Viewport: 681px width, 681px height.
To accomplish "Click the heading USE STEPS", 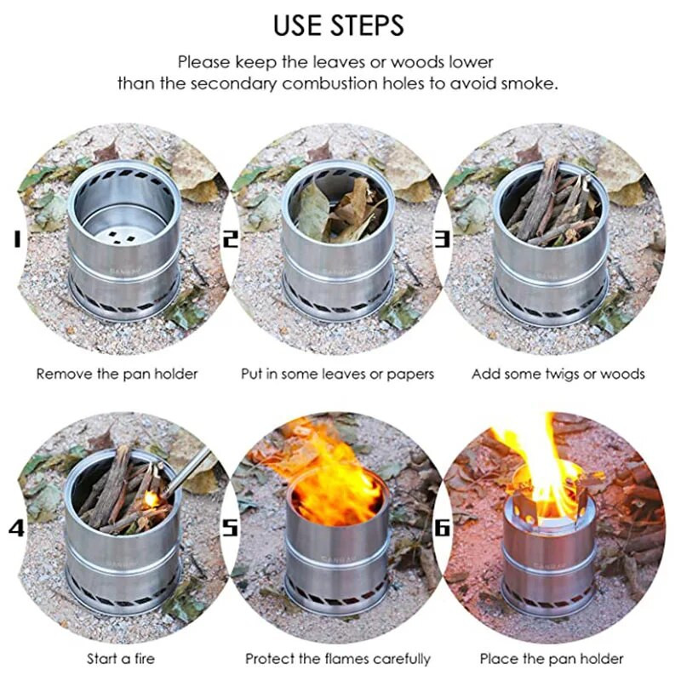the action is coord(338,26).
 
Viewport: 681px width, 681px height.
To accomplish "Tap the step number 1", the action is coord(16,239).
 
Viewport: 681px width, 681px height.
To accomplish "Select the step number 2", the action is coord(231,239).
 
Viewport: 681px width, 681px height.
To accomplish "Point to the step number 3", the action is coord(443,239).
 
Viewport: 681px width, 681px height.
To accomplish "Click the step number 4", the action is coord(16,528).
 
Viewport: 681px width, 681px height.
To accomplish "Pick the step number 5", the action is coord(230,528).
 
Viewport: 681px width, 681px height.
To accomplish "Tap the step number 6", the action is coord(442,528).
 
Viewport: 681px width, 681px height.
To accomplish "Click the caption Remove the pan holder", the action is coord(117,374).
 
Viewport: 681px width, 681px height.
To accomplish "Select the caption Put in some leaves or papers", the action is coord(337,374).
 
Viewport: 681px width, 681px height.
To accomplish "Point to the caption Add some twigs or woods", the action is coord(558,374).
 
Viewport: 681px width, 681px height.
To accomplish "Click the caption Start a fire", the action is coord(121,658).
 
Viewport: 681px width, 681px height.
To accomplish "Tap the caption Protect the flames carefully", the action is coord(337,659).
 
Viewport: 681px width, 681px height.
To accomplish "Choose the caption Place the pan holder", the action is coord(552,658).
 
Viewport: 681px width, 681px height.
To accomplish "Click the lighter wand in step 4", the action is coord(187,472).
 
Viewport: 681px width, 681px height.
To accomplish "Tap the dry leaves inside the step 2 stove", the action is coord(339,209).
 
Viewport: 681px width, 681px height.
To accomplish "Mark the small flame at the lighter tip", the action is coord(152,499).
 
